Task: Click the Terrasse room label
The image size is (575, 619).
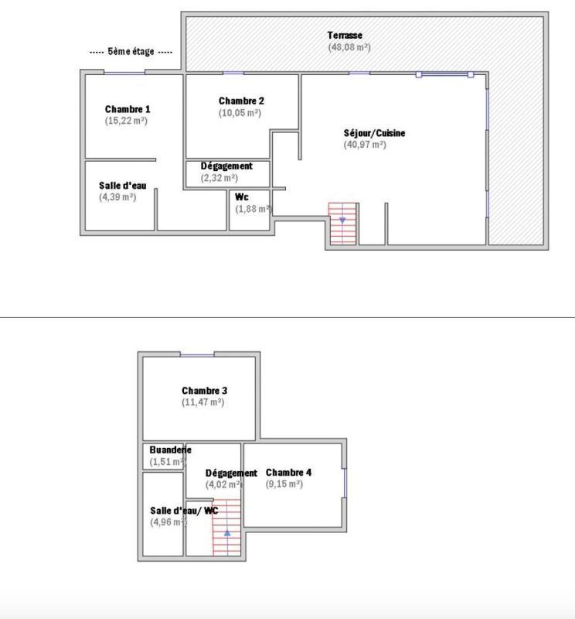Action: [x=345, y=36]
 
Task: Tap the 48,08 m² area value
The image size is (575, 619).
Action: [x=349, y=47]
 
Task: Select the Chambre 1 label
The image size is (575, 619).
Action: [x=128, y=109]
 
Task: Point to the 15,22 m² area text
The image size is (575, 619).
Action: [x=126, y=121]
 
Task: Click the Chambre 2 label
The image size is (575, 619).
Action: [x=241, y=101]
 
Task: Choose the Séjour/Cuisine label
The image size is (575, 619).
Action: [x=374, y=133]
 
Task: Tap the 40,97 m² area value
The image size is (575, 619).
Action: [x=365, y=145]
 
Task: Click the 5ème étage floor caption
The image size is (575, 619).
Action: [x=131, y=52]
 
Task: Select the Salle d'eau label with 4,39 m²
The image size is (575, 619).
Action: [x=122, y=186]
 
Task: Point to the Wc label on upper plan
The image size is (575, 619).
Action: [x=242, y=197]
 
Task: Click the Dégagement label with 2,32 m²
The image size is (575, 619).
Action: [x=226, y=166]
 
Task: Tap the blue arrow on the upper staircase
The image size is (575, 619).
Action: [x=342, y=221]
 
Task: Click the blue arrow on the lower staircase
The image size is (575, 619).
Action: [x=227, y=533]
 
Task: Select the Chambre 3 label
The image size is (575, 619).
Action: [x=204, y=391]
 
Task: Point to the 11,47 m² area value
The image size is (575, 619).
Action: [x=202, y=402]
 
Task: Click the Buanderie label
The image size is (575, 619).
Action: [x=170, y=450]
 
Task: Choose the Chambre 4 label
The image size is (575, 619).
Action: [x=288, y=472]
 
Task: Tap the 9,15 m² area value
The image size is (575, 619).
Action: [x=284, y=484]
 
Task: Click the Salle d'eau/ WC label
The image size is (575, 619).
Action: [x=184, y=511]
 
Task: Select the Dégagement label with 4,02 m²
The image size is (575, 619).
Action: [x=231, y=473]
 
